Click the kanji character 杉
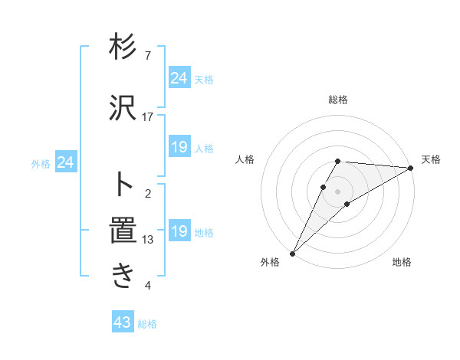pos(123,48)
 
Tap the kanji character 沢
pos(123,109)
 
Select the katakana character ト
pos(123,185)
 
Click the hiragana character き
pos(123,277)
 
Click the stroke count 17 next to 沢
pos(147,117)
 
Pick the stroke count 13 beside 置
pos(147,240)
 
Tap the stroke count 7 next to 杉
pos(147,56)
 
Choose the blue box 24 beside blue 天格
pos(179,78)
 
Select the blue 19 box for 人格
pos(179,147)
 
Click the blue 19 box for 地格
pos(179,231)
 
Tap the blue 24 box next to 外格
pos(65,162)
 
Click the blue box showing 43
pos(123,323)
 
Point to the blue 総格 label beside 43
pos(147,324)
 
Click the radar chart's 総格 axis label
pos(337,100)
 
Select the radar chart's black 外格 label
pos(270,262)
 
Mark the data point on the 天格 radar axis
pos(410,168)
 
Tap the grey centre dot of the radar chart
pos(337,190)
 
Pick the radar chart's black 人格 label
pos(245,159)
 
